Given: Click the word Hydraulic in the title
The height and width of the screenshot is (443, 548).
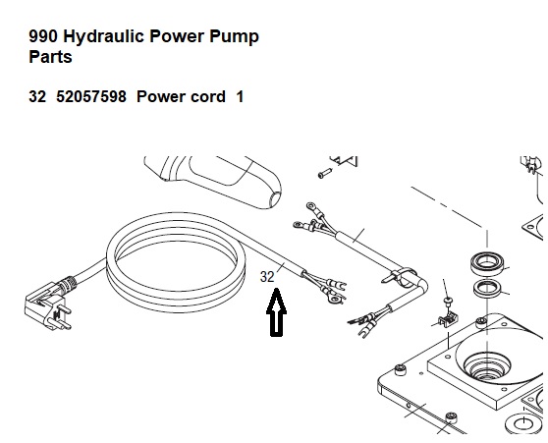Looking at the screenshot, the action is (104, 37).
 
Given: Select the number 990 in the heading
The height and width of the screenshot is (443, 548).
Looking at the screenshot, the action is (42, 36).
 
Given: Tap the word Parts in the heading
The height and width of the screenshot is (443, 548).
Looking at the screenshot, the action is (50, 57).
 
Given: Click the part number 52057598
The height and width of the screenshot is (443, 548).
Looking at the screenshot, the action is (91, 96).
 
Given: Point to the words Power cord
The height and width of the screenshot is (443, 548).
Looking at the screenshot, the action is (181, 96).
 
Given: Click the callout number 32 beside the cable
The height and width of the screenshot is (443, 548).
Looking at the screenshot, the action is (267, 277).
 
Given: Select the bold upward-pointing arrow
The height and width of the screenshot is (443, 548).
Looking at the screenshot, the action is (276, 312).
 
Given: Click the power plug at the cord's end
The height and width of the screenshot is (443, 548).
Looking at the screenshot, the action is (48, 304).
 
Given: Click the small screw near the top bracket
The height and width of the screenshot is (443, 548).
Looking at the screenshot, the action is (325, 173).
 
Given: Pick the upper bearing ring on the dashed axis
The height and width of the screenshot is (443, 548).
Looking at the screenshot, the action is (486, 264).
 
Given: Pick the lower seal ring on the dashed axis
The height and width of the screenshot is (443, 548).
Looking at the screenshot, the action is (487, 289).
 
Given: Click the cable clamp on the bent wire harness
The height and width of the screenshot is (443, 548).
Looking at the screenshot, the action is (401, 276).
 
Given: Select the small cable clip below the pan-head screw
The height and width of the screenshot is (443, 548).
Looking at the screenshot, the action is (448, 319).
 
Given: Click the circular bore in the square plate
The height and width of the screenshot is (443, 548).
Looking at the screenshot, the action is (487, 368).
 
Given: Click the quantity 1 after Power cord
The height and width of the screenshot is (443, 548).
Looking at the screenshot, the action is (240, 96).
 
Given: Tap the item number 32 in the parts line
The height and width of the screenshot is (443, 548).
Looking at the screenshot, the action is (37, 96).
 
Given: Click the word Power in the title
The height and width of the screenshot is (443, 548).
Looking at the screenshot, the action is (177, 36).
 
